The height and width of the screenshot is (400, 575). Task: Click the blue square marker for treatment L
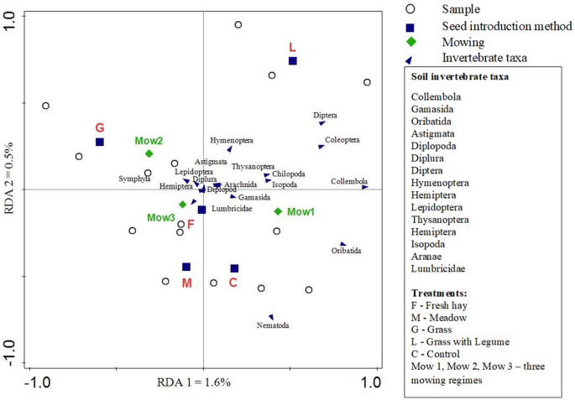(x=293, y=61)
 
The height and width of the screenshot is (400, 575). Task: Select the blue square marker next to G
(x=99, y=142)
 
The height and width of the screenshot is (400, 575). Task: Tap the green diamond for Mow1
(x=277, y=211)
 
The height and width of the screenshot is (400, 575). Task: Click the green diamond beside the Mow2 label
(x=149, y=153)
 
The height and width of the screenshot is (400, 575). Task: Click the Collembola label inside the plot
(x=348, y=181)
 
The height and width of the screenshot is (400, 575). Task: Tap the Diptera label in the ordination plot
(x=325, y=115)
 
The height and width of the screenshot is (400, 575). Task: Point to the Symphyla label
(x=134, y=179)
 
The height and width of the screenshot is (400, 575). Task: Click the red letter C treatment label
(x=233, y=283)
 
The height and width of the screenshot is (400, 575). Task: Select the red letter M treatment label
(x=186, y=283)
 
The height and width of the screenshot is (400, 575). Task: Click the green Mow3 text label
(x=161, y=218)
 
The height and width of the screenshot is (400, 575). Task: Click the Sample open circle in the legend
(x=410, y=9)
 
